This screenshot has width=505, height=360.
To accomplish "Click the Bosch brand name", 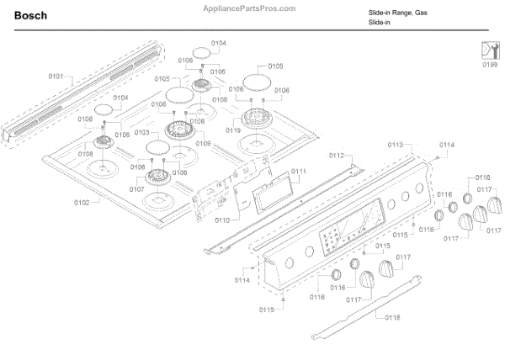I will pyautogui.click(x=30, y=15).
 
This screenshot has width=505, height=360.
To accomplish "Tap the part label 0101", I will pyautogui.click(x=56, y=77).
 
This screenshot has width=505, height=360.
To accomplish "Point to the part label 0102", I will pyautogui.click(x=82, y=203).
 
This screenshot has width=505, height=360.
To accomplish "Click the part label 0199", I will pyautogui.click(x=489, y=62).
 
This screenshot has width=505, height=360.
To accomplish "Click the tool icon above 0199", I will pyautogui.click(x=489, y=46).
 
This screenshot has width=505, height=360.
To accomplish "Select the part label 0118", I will pyautogui.click(x=393, y=317).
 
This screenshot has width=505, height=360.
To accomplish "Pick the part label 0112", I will pyautogui.click(x=337, y=156).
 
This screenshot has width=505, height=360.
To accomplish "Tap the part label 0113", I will pyautogui.click(x=396, y=146).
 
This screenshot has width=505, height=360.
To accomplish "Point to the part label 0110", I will pyautogui.click(x=222, y=220).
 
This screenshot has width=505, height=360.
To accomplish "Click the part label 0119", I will pyautogui.click(x=233, y=130).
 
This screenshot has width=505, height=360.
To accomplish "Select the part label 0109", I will pyautogui.click(x=203, y=144).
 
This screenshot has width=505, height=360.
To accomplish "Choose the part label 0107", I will pyautogui.click(x=136, y=189).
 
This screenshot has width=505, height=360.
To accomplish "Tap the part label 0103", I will pyautogui.click(x=141, y=133).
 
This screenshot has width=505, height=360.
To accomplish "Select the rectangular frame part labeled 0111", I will pyautogui.click(x=270, y=190).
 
